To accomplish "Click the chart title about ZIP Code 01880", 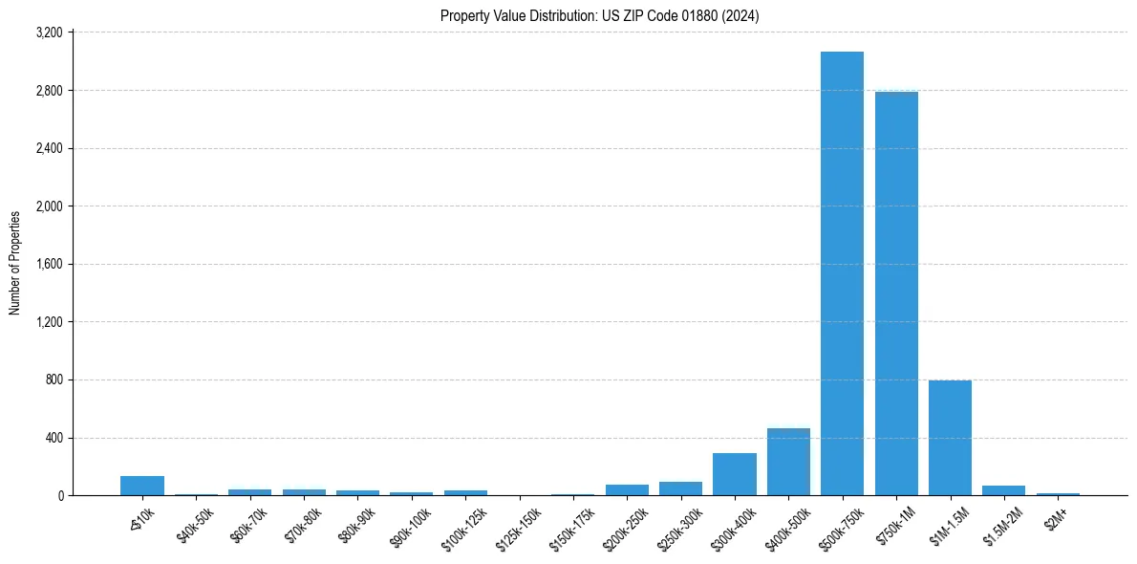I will (600, 15).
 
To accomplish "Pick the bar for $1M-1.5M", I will (950, 438).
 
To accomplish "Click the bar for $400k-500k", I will (788, 462).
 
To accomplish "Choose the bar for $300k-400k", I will (735, 474).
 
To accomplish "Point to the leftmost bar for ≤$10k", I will (142, 486).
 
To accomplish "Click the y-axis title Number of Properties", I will (15, 263).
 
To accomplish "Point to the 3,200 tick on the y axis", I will (48, 33).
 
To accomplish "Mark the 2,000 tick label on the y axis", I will (48, 206).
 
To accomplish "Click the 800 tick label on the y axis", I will (54, 380).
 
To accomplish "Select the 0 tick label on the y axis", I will (60, 496).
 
